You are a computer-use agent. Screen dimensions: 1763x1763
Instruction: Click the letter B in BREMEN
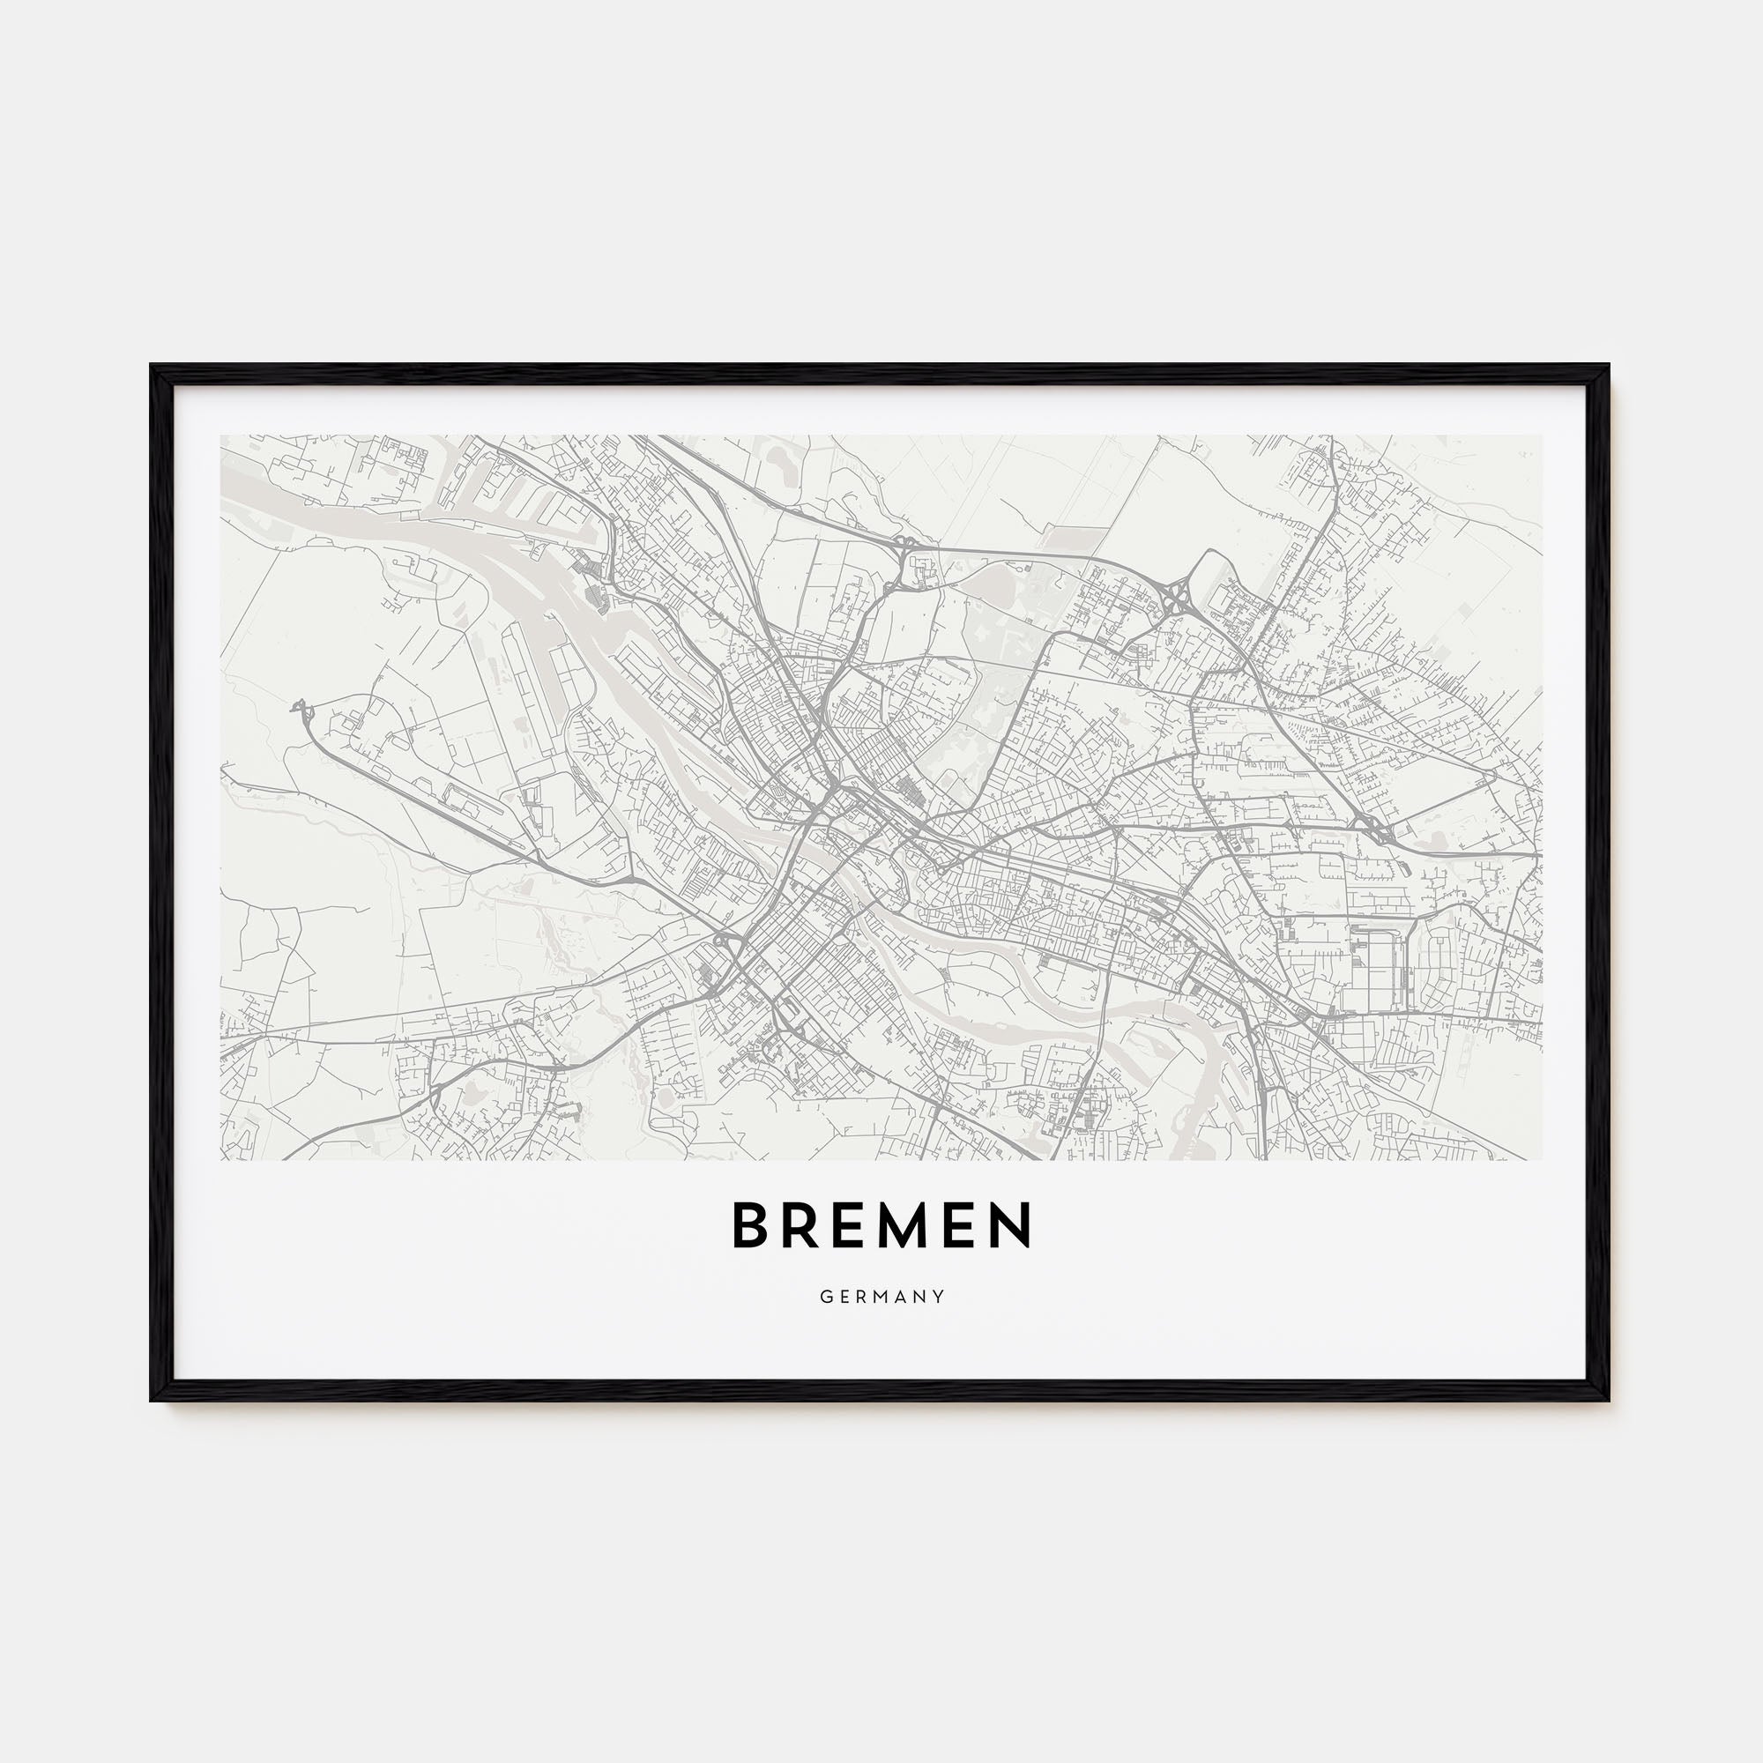[749, 1224]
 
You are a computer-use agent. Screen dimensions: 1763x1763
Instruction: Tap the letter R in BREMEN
[802, 1224]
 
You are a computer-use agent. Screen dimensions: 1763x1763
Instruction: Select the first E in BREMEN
[852, 1224]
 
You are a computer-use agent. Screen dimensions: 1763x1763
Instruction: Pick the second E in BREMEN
[963, 1224]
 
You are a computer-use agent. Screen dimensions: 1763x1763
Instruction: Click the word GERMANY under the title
[881, 1297]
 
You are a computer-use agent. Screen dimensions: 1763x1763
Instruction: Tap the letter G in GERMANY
[824, 1297]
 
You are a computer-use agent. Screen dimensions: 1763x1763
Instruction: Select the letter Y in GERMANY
[940, 1297]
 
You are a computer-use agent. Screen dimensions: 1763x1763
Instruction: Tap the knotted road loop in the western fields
[301, 708]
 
